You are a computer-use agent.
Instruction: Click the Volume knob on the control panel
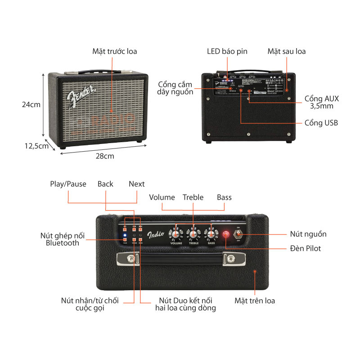(x=175, y=234)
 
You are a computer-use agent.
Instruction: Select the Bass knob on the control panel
(x=210, y=234)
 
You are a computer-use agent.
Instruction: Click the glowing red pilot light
(x=226, y=234)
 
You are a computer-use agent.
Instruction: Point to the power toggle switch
(x=239, y=234)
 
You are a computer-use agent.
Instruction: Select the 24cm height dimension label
(x=31, y=104)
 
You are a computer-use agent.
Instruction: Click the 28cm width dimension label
(x=104, y=156)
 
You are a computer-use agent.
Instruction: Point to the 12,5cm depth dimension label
(x=36, y=145)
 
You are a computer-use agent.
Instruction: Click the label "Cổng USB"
(x=321, y=123)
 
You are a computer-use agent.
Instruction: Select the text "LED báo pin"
(x=227, y=51)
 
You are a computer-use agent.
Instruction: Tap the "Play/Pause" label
(x=68, y=184)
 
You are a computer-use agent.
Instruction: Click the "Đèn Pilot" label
(x=306, y=248)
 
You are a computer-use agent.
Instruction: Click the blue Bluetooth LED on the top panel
(x=125, y=235)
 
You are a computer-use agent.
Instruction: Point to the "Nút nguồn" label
(x=308, y=234)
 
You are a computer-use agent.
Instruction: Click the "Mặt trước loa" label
(x=115, y=51)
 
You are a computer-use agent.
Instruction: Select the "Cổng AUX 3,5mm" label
(x=321, y=102)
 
